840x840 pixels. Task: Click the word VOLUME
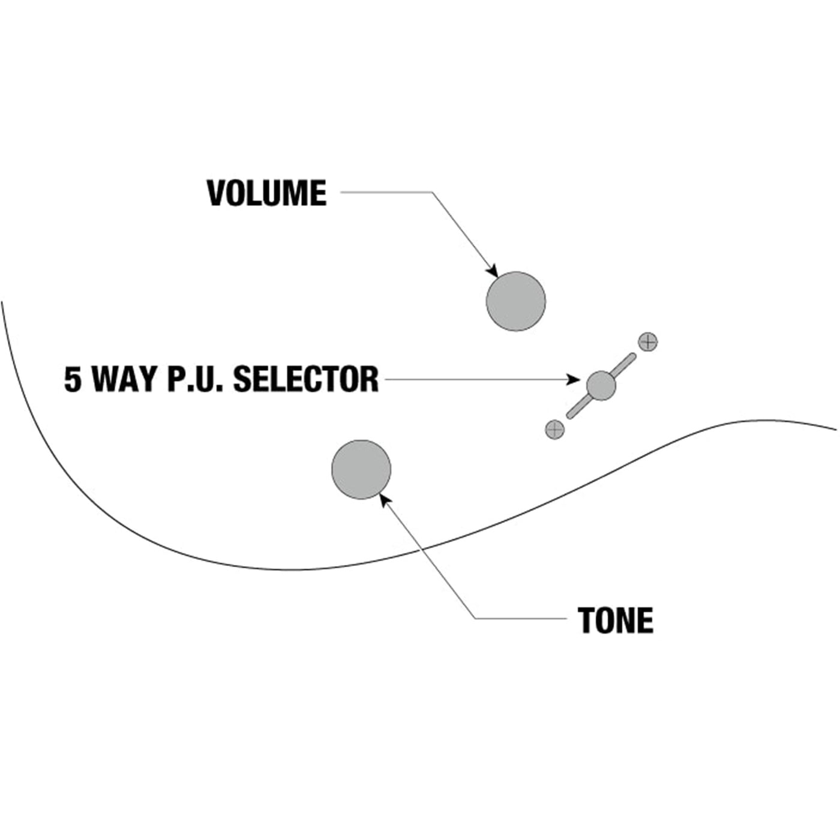(266, 193)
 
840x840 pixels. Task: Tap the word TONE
(616, 620)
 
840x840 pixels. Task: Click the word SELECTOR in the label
(305, 379)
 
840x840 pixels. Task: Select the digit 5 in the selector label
(73, 379)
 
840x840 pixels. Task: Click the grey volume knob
(515, 301)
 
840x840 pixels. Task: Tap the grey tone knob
(361, 469)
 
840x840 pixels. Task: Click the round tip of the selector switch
(601, 385)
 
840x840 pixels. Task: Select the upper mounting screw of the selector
(647, 342)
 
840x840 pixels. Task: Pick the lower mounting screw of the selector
(554, 429)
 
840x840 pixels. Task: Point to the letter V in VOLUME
(216, 193)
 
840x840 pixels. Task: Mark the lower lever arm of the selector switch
(577, 408)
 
